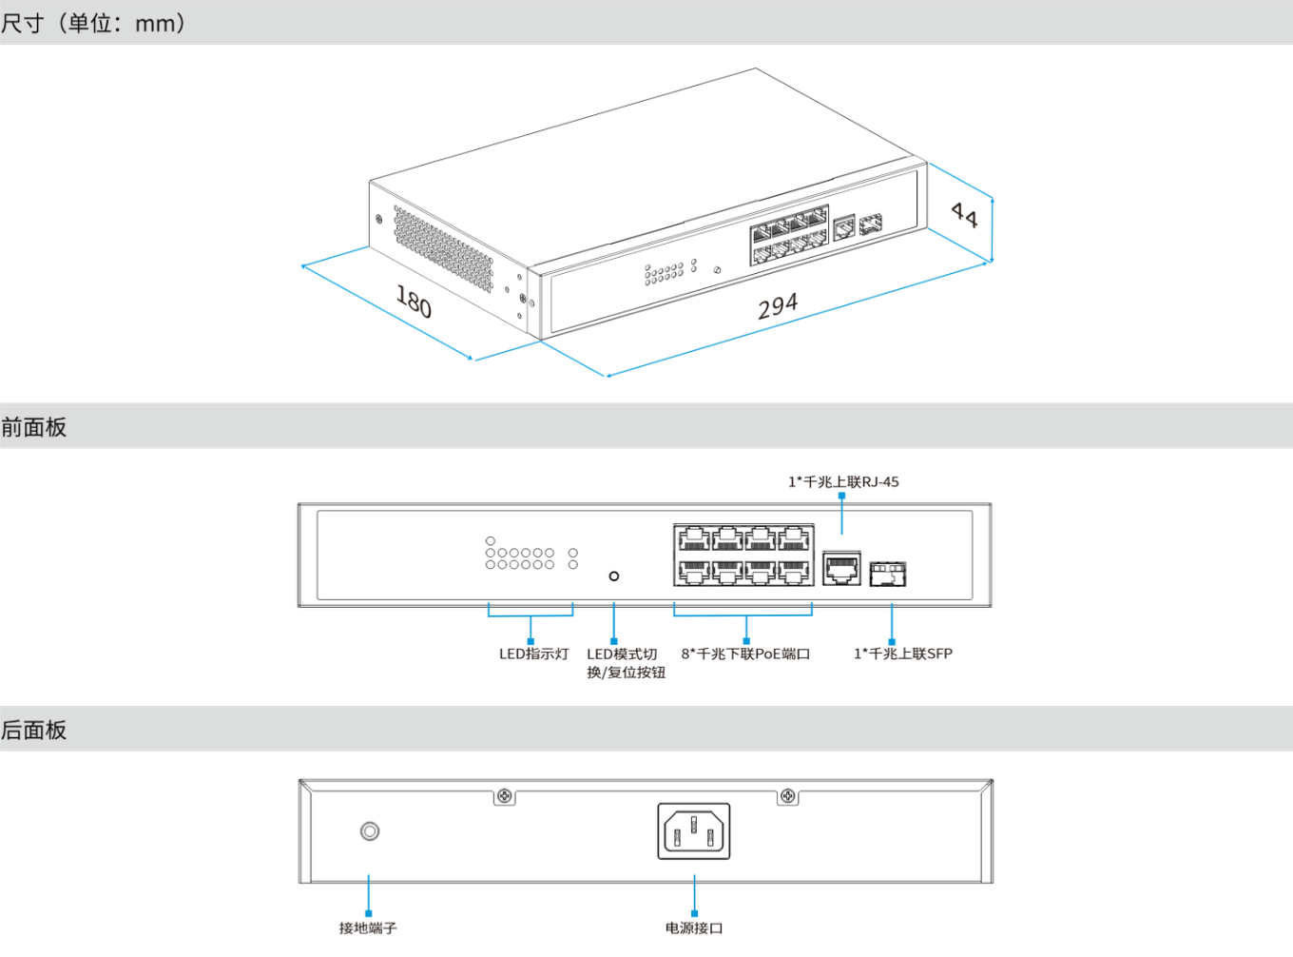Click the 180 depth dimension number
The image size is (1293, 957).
[x=414, y=302]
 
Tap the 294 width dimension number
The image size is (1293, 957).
[x=778, y=305]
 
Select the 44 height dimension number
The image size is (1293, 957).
[x=964, y=215]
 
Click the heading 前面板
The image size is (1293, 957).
[x=34, y=427]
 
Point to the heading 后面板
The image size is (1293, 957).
[x=34, y=730]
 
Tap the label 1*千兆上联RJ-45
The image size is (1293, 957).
[x=843, y=481]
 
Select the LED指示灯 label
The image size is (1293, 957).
[x=533, y=654]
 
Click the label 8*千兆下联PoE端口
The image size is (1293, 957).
[x=745, y=654]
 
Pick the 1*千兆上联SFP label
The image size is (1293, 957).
[x=902, y=654]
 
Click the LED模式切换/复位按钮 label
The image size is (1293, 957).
[x=625, y=663]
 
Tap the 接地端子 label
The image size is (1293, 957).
[x=368, y=928]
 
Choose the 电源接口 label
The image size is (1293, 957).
[x=694, y=928]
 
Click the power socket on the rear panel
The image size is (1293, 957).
[x=694, y=830]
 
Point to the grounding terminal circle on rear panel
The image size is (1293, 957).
[x=370, y=831]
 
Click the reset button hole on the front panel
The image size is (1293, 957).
[x=614, y=576]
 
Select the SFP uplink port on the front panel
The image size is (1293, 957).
[x=888, y=574]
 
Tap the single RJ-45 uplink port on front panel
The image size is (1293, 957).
[x=841, y=568]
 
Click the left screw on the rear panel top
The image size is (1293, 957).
[x=505, y=795]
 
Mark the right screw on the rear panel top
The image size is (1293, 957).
[x=788, y=795]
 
